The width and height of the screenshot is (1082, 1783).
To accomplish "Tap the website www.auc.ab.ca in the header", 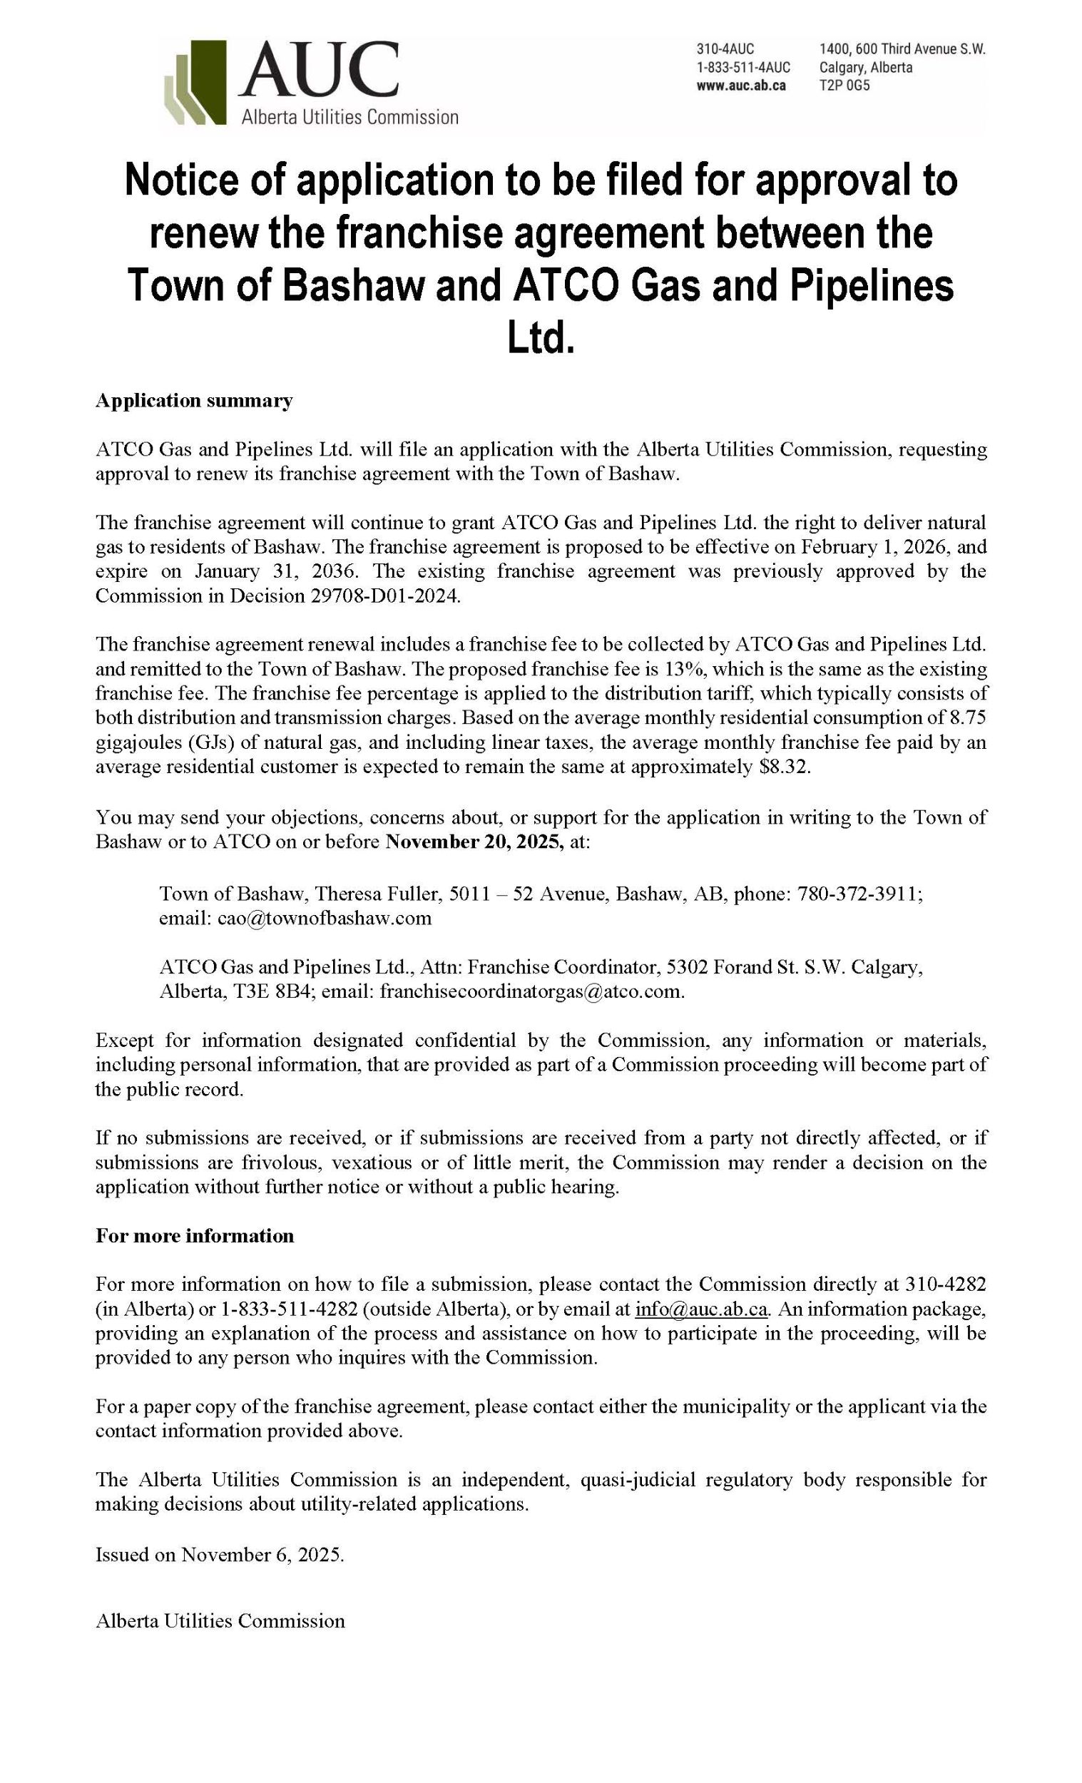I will tap(740, 86).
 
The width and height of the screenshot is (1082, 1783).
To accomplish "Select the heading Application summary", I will tap(194, 401).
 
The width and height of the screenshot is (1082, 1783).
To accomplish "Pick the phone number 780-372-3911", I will tap(858, 894).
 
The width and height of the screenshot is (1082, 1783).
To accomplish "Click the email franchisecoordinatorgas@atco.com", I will tap(531, 991).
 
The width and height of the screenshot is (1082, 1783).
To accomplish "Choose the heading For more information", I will tap(195, 1236).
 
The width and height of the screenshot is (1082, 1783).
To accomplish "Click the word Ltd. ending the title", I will tap(541, 339).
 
